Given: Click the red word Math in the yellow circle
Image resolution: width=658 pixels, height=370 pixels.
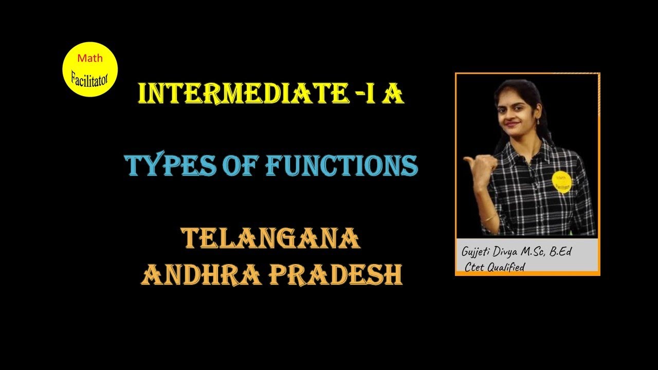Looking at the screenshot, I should tap(89, 58).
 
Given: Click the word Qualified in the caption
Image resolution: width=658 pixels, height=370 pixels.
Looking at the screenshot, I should tap(506, 268).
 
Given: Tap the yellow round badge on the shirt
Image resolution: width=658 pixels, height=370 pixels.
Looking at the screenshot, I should tap(561, 182).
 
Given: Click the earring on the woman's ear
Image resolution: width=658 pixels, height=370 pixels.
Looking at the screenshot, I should tap(538, 122).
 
